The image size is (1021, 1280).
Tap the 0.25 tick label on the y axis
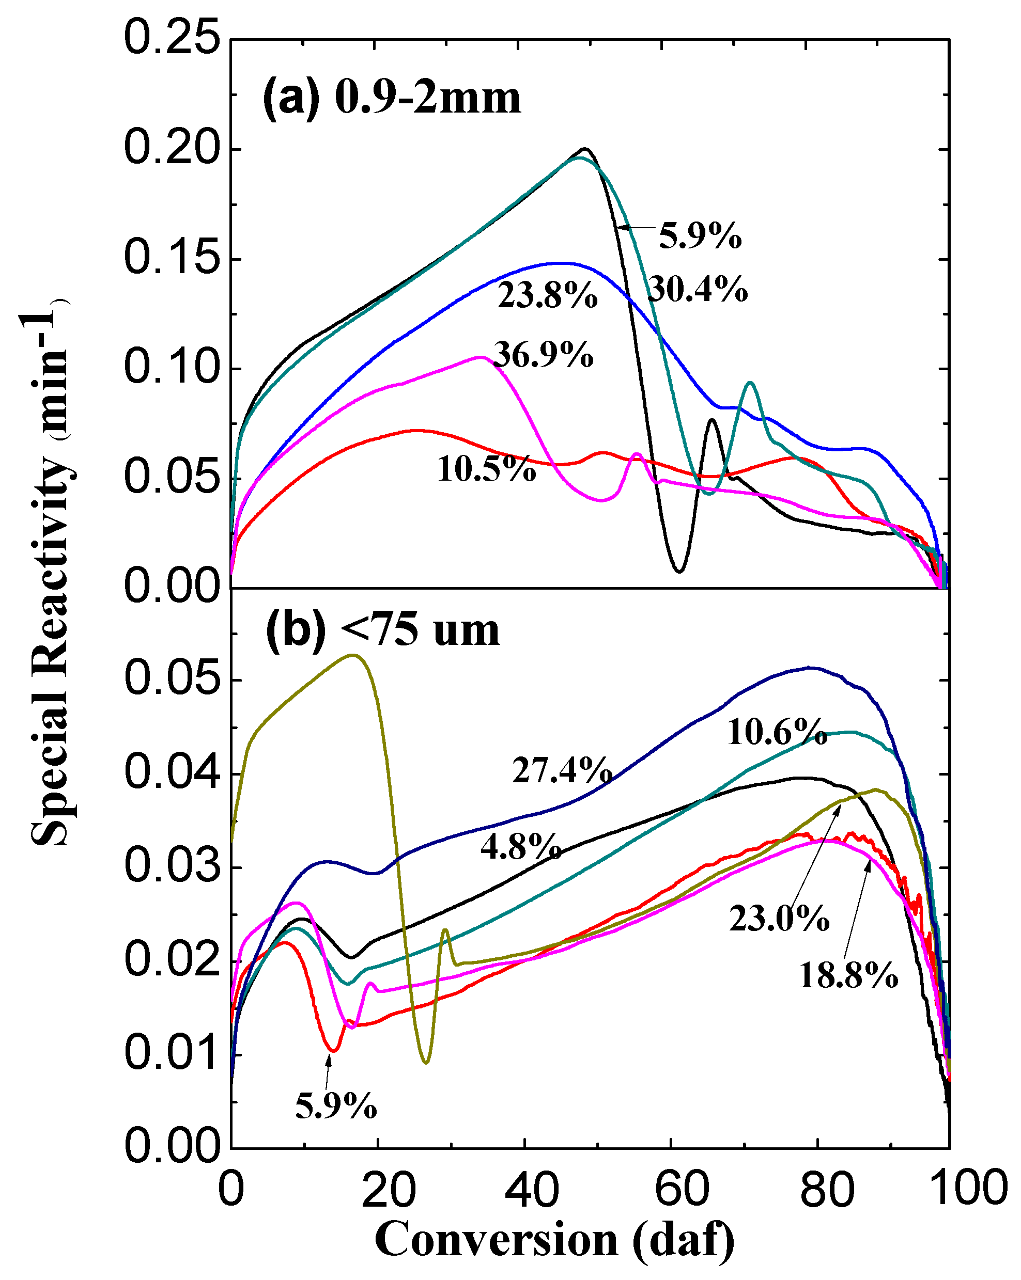(x=172, y=39)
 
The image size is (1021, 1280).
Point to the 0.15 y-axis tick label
(x=172, y=259)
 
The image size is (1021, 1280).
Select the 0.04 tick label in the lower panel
(x=172, y=773)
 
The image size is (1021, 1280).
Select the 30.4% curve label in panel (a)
(x=698, y=290)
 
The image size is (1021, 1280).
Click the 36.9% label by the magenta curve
(x=543, y=355)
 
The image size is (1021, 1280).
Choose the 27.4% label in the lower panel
(x=562, y=770)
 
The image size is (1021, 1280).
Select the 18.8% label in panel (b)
(x=847, y=975)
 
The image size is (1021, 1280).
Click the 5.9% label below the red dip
(x=335, y=1105)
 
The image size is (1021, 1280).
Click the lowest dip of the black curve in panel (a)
(x=679, y=571)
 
